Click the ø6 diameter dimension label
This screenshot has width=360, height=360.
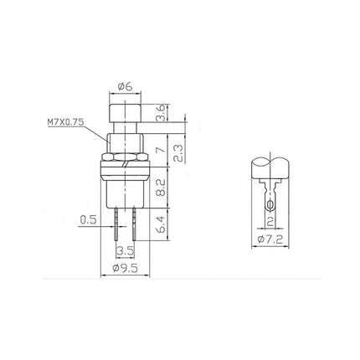click(125, 87)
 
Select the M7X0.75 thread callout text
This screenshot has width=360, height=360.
click(65, 122)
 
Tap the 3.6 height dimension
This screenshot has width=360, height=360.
click(161, 113)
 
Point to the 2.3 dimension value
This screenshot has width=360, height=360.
click(178, 153)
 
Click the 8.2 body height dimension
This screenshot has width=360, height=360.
click(161, 188)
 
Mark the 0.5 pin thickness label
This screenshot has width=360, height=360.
click(88, 220)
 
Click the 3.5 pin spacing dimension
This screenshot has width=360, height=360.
click(125, 251)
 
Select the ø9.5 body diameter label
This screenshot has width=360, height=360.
click(125, 268)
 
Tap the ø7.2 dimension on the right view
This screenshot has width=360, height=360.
click(270, 239)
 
